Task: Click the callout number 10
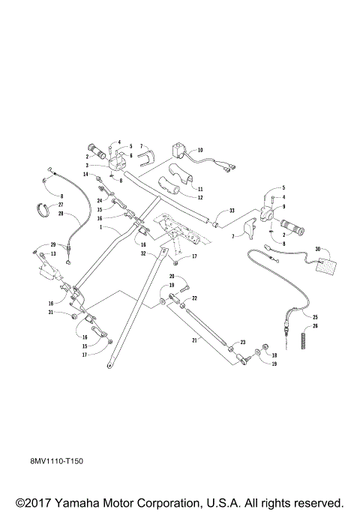pyautogui.click(x=200, y=150)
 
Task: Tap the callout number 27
pyautogui.click(x=61, y=205)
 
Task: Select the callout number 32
pyautogui.click(x=143, y=253)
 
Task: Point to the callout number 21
pyautogui.click(x=195, y=340)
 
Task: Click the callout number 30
pyautogui.click(x=318, y=249)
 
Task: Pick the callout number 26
pyautogui.click(x=315, y=326)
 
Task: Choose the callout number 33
pyautogui.click(x=232, y=211)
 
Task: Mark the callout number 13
pyautogui.click(x=53, y=253)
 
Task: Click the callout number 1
pyautogui.click(x=101, y=226)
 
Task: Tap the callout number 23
pyautogui.click(x=243, y=342)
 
